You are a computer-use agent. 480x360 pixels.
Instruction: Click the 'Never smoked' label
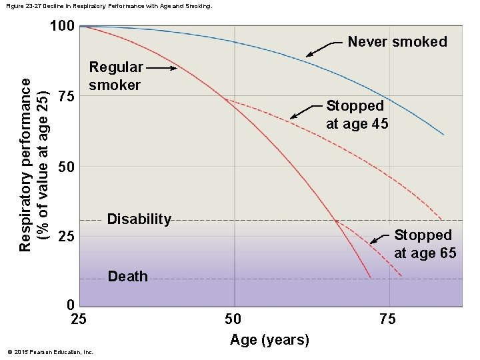(x=397, y=42)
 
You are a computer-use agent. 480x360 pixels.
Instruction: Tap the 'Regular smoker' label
(x=116, y=76)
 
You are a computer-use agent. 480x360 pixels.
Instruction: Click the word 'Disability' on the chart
(x=139, y=219)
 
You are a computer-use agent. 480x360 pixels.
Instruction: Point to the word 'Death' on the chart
(x=127, y=277)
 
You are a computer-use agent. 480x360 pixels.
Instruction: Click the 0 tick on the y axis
(x=71, y=305)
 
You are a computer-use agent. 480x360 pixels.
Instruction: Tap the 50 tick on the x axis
(x=233, y=319)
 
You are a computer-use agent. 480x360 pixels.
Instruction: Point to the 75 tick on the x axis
(x=387, y=319)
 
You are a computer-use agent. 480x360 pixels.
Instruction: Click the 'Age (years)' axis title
(x=269, y=340)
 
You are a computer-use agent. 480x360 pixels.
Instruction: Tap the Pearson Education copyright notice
(x=49, y=352)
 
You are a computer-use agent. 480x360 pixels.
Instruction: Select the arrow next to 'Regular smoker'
(x=162, y=67)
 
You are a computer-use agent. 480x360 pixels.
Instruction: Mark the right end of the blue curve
(x=443, y=135)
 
